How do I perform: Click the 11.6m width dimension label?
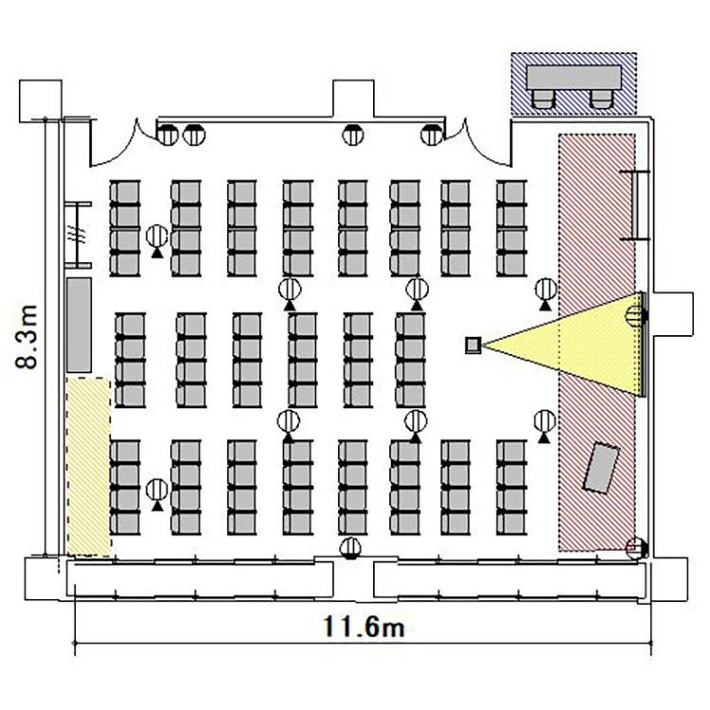[364, 627]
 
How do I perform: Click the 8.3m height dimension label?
[27, 337]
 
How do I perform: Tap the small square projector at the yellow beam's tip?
[473, 345]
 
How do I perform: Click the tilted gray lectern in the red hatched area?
[601, 468]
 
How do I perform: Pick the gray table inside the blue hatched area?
[574, 78]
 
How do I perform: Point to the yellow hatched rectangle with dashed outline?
[89, 467]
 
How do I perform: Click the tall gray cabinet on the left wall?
[79, 325]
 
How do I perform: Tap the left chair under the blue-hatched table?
[543, 98]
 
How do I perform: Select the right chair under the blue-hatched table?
[602, 98]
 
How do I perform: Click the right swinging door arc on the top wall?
[485, 147]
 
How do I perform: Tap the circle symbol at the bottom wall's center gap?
[350, 548]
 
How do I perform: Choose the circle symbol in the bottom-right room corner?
[636, 548]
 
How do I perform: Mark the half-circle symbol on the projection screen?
[634, 315]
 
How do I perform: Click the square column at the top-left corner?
[41, 101]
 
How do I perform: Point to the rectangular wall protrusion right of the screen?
[673, 314]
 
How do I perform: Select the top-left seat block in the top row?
[125, 228]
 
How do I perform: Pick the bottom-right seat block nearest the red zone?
[511, 488]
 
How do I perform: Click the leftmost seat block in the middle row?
[131, 360]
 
